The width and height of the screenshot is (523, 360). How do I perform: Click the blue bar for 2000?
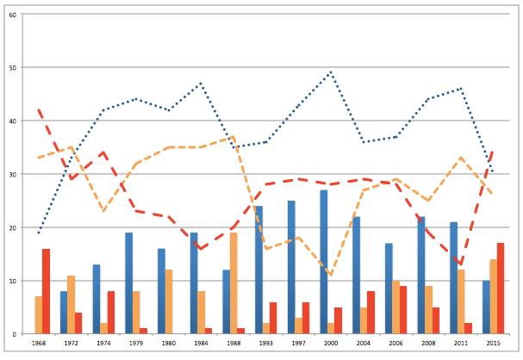pyautogui.click(x=323, y=262)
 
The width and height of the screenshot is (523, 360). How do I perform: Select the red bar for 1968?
pyautogui.click(x=46, y=291)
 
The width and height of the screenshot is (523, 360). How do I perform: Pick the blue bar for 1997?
pyautogui.click(x=291, y=267)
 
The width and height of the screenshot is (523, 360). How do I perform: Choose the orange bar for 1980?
pyautogui.click(x=169, y=301)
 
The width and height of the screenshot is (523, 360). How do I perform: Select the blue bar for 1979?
pyautogui.click(x=128, y=283)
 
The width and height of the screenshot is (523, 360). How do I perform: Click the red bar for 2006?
pyautogui.click(x=403, y=310)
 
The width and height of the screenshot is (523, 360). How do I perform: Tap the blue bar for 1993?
pyautogui.click(x=258, y=270)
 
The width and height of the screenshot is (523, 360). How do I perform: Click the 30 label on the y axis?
pyautogui.click(x=10, y=174)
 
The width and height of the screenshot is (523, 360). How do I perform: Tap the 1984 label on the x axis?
pyautogui.click(x=202, y=342)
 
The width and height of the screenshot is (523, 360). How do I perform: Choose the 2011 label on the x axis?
pyautogui.click(x=461, y=342)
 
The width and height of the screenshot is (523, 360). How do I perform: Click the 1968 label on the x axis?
pyautogui.click(x=39, y=342)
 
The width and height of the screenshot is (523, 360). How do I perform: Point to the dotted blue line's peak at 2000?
pyautogui.click(x=331, y=72)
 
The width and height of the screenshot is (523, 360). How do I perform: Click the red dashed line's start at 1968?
pyautogui.click(x=39, y=110)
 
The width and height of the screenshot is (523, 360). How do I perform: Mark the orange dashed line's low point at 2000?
pyautogui.click(x=331, y=275)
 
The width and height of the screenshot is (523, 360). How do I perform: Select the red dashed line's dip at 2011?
pyautogui.click(x=461, y=264)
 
